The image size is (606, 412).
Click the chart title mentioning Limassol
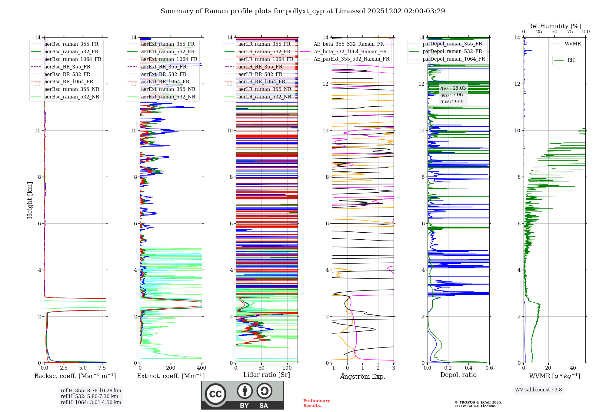coord(303,11)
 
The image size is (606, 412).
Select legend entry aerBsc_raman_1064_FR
coord(73,59)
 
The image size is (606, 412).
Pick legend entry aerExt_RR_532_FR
coord(164,74)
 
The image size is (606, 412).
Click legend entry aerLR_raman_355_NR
coord(265,89)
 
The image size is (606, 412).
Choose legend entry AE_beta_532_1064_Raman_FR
coord(350,51)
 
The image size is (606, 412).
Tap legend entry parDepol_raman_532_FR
coord(452,51)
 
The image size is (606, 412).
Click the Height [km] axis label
coord(30,200)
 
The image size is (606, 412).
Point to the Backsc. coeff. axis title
coord(75,376)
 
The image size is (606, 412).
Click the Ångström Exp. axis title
coord(363,376)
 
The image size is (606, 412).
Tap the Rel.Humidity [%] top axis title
coord(554,26)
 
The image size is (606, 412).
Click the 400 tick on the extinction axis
coord(201,368)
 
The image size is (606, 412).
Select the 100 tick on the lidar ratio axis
coord(287,368)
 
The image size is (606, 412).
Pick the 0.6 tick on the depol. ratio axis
coord(489,368)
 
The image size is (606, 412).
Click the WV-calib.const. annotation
coord(538,390)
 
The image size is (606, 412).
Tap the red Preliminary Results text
coord(316,403)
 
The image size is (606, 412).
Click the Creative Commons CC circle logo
coord(215,394)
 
